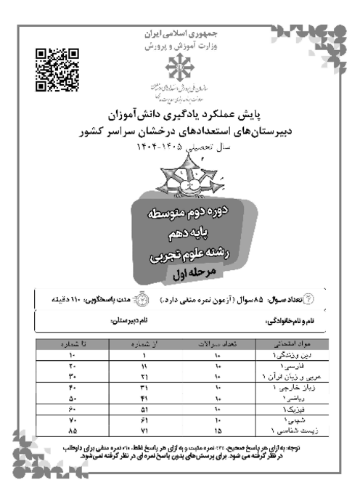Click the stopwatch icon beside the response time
141,299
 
